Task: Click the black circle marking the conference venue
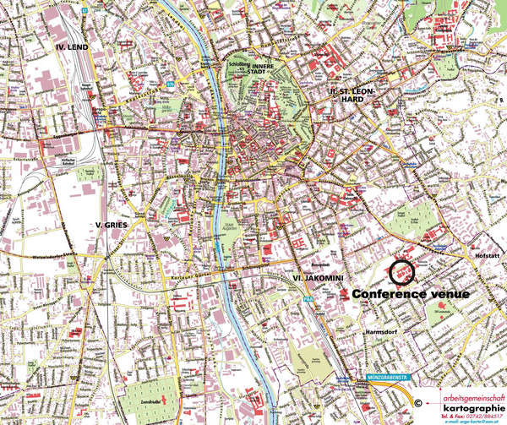[401, 273]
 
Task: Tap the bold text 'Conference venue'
[411, 293]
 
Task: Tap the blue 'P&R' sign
[309, 299]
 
